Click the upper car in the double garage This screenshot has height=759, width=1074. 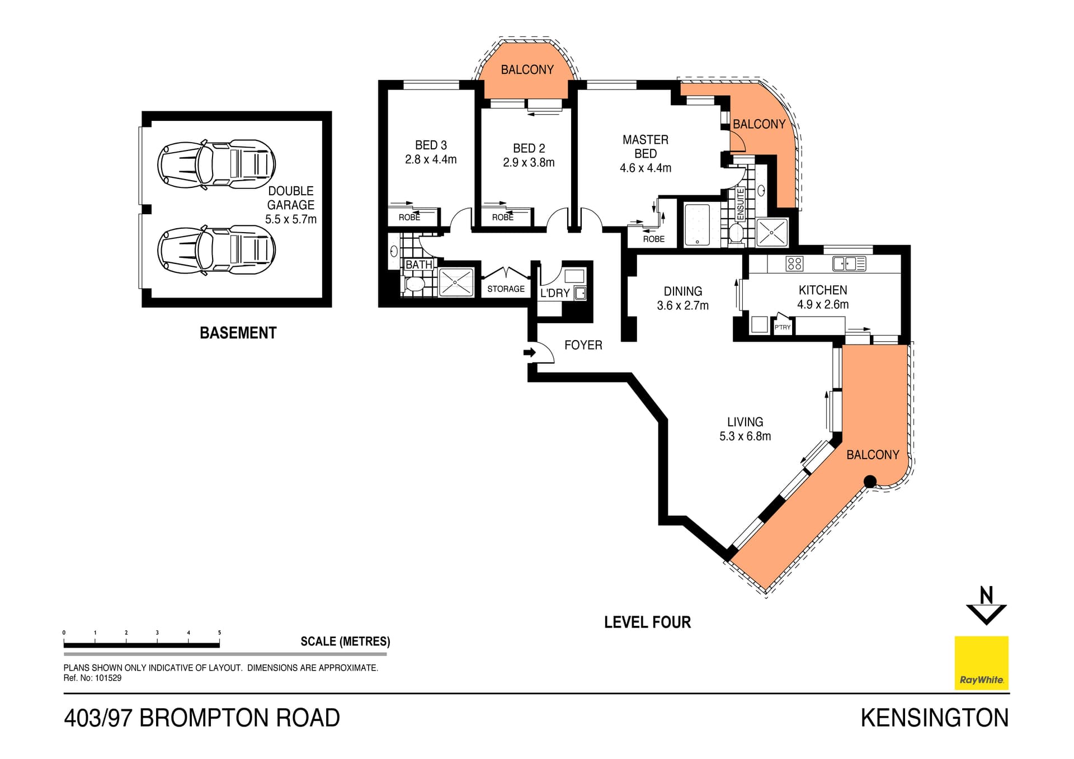216,164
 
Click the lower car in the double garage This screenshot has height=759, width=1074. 216,250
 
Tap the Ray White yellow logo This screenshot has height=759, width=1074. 981,663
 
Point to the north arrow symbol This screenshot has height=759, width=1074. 986,605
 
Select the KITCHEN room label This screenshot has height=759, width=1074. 822,290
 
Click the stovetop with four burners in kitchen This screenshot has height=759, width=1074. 794,263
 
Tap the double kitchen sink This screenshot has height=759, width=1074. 849,263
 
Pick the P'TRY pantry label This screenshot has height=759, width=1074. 783,327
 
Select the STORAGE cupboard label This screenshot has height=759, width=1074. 506,289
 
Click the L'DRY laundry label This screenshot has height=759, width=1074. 554,293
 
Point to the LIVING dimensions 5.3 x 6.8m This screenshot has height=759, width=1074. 745,436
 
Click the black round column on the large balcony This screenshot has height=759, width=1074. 870,481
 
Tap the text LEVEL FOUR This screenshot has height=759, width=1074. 647,622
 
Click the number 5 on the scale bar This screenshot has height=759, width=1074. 219,633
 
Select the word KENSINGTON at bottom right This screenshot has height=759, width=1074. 934,718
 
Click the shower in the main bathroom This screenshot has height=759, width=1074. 456,282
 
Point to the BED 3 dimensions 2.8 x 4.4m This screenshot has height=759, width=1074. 431,159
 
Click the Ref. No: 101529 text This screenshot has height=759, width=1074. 92,678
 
